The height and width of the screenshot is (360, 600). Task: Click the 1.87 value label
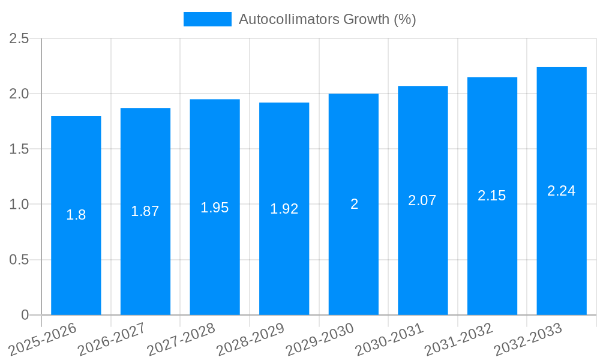pyautogui.click(x=145, y=211)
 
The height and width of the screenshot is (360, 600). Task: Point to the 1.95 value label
pyautogui.click(x=215, y=208)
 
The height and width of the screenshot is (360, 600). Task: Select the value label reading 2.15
pyautogui.click(x=492, y=196)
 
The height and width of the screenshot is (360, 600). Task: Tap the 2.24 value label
pyautogui.click(x=562, y=191)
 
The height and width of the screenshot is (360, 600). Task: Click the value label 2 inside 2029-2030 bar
pyautogui.click(x=354, y=204)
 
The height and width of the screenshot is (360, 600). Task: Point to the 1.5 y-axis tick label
pyautogui.click(x=19, y=149)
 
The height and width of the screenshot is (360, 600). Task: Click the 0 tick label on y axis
pyautogui.click(x=25, y=315)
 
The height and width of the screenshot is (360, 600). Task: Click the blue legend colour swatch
pyautogui.click(x=208, y=19)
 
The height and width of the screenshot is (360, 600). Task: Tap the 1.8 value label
pyautogui.click(x=76, y=215)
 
